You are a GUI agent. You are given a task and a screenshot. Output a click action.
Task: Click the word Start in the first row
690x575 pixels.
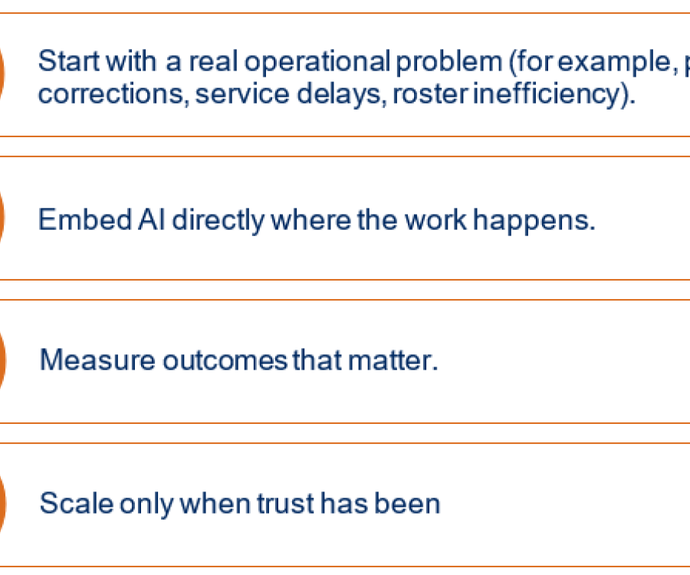pos(69,61)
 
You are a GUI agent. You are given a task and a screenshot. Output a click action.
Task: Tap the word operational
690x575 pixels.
pos(317,62)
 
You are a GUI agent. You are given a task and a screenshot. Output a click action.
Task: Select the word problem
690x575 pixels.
pos(449,62)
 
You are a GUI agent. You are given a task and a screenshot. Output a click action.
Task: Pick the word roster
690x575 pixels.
pos(430,94)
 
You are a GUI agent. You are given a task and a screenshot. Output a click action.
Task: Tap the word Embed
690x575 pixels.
pos(85,219)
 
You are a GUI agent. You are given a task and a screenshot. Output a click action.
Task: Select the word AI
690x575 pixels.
pos(152,219)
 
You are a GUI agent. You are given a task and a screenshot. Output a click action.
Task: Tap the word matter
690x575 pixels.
pos(393,360)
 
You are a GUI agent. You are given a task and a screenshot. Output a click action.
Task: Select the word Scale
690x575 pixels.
pos(76,503)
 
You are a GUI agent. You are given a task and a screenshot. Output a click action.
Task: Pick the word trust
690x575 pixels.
pos(285,504)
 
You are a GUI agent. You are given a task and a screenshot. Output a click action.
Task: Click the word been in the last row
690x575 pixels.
pos(407,503)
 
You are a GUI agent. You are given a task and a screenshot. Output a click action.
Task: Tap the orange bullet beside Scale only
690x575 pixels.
pos(2,504)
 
